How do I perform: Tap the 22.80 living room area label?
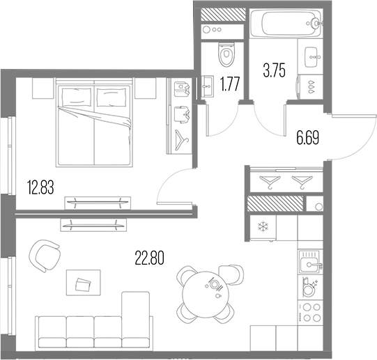pos(149,258)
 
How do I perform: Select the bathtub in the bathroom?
pos(286,25)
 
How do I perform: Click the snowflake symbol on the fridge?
pos(263,226)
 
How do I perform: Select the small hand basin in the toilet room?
pos(208,88)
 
